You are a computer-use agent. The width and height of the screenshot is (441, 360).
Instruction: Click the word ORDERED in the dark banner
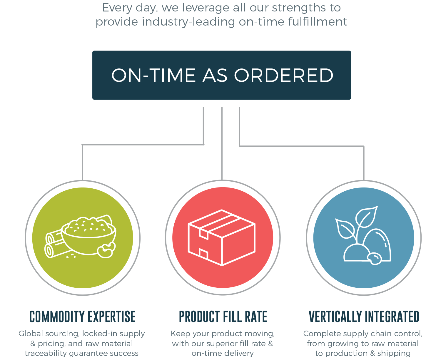click(x=283, y=75)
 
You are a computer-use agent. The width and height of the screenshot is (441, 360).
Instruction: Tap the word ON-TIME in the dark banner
click(x=153, y=75)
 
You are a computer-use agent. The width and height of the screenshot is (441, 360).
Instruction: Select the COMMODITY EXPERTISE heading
click(x=82, y=316)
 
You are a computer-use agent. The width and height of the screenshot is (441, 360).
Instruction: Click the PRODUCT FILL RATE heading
click(x=223, y=316)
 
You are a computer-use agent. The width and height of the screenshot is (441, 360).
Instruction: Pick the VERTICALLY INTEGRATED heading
click(x=364, y=316)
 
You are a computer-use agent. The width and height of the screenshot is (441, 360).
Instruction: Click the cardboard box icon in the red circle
click(x=222, y=238)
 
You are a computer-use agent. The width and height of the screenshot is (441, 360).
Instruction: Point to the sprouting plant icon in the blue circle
click(x=363, y=235)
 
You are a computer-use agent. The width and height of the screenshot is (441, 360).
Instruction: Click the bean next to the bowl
click(x=106, y=250)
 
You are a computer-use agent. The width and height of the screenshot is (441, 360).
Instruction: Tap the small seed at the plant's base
click(x=375, y=259)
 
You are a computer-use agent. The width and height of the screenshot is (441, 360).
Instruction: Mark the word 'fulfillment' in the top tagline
click(x=318, y=22)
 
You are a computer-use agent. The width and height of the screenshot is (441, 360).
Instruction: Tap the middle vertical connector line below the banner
click(x=222, y=144)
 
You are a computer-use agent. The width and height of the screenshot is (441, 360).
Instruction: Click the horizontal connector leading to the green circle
click(x=143, y=145)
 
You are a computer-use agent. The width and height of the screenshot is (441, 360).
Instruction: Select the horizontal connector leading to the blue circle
click(x=302, y=146)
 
